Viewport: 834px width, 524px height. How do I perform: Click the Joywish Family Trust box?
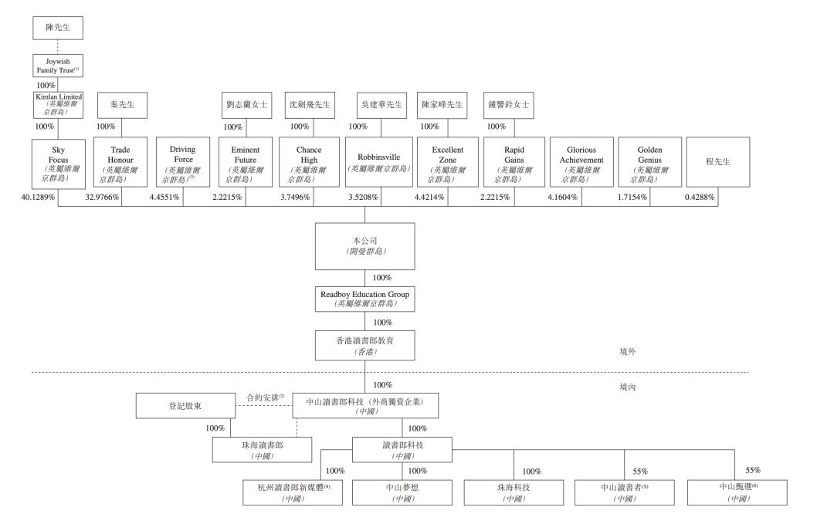pyautogui.click(x=57, y=66)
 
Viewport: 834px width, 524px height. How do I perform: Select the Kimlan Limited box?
pyautogui.click(x=58, y=105)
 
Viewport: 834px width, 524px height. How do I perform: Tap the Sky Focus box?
pyautogui.click(x=59, y=164)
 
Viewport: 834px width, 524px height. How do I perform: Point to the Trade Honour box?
pyautogui.click(x=120, y=162)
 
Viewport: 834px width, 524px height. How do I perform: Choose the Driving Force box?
pyautogui.click(x=183, y=162)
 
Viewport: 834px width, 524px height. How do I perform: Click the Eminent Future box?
pyautogui.click(x=246, y=162)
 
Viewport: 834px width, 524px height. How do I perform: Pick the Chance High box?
pyautogui.click(x=309, y=162)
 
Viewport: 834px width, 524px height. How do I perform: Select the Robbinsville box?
pyautogui.click(x=378, y=162)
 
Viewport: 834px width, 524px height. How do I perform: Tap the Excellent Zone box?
pyautogui.click(x=448, y=162)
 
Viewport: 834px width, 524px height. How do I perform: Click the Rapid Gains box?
pyautogui.click(x=514, y=162)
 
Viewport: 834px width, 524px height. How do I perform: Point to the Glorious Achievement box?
pyautogui.click(x=581, y=162)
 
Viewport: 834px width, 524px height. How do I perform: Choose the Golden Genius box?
pyautogui.click(x=650, y=162)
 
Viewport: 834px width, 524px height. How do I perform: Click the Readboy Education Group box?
pyautogui.click(x=364, y=299)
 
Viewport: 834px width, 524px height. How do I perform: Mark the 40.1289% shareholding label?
pyautogui.click(x=38, y=197)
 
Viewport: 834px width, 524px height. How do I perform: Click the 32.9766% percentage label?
pyautogui.click(x=102, y=197)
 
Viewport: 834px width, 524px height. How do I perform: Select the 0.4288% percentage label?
pyautogui.click(x=700, y=197)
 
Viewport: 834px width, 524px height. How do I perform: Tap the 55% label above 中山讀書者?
pyautogui.click(x=640, y=472)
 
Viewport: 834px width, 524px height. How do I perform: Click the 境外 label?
pyautogui.click(x=628, y=351)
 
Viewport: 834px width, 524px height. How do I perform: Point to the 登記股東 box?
pyautogui.click(x=185, y=405)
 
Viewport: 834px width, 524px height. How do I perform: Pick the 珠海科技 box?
pyautogui.click(x=514, y=492)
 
